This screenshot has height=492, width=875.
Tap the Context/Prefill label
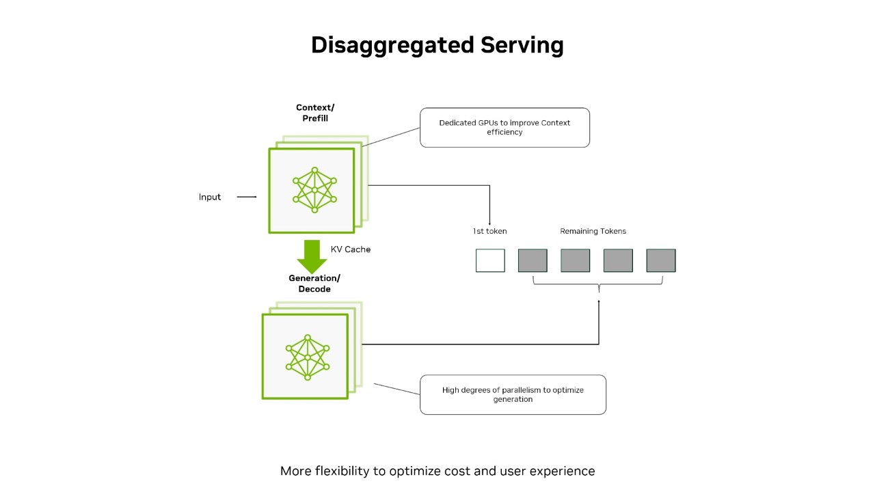(x=315, y=113)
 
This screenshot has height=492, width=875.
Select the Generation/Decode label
(x=314, y=284)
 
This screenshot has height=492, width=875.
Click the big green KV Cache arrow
(x=311, y=256)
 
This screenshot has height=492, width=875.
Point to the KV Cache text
(x=351, y=249)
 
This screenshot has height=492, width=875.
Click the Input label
(x=210, y=197)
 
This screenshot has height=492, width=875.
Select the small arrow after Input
(x=247, y=197)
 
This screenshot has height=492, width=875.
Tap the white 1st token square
(x=490, y=260)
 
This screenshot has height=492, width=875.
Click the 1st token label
(x=490, y=231)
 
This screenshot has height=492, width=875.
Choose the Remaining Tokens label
(x=593, y=231)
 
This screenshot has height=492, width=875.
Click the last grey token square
(x=661, y=260)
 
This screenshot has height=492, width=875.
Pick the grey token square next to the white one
(x=533, y=260)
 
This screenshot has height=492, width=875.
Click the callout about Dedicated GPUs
(x=504, y=127)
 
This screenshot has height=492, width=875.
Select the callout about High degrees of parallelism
(x=513, y=394)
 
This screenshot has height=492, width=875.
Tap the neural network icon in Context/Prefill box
(x=314, y=190)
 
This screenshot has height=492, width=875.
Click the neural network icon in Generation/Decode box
(x=308, y=357)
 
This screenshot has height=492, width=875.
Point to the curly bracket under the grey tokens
(x=598, y=282)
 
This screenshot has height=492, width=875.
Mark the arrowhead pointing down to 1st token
(x=490, y=219)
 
